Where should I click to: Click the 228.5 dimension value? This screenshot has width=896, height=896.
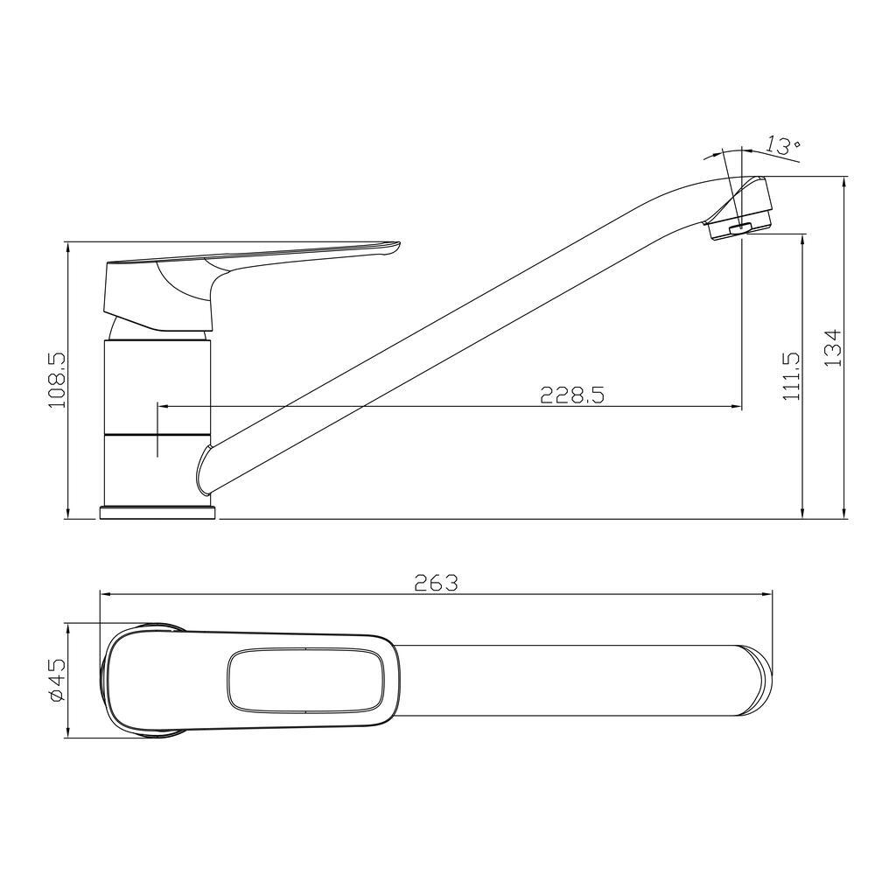[x=572, y=395]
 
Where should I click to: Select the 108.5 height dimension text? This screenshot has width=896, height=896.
[x=57, y=380]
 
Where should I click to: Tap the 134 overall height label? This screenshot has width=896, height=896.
[x=834, y=347]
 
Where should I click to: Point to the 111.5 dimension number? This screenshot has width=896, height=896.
[x=791, y=376]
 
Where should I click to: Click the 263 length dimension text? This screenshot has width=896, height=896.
[x=437, y=583]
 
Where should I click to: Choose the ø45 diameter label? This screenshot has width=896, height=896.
[x=58, y=680]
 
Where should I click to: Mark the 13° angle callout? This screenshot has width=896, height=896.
[x=783, y=145]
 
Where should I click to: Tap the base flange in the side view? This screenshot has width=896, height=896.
[x=157, y=513]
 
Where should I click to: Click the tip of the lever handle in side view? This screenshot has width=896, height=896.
[x=399, y=246]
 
